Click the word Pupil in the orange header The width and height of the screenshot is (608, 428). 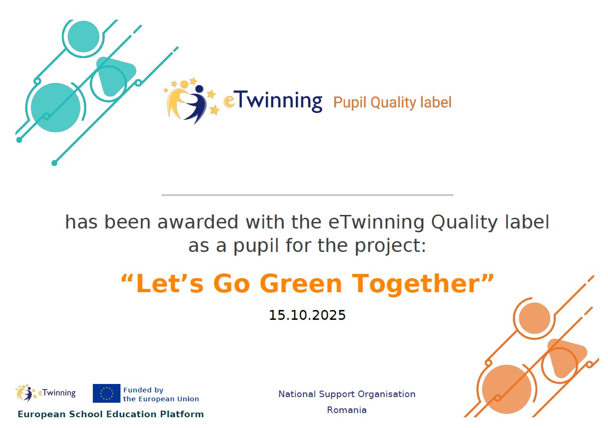tap(350, 103)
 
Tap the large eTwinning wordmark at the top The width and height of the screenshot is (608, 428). tap(273, 101)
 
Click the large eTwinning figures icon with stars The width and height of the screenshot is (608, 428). tap(192, 100)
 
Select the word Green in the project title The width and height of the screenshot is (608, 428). tap(301, 284)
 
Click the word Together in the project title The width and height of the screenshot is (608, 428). tap(417, 285)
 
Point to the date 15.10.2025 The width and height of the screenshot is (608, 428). tap(307, 315)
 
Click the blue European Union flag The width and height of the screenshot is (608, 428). tap(106, 393)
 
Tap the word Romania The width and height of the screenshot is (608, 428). tap(346, 410)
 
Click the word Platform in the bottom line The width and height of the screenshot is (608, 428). tap(182, 414)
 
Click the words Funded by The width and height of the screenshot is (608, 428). tap(143, 390)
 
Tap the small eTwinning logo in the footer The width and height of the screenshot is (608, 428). tap(45, 393)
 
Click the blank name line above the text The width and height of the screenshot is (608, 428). tap(307, 195)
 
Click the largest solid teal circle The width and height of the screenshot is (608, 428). tap(56, 107)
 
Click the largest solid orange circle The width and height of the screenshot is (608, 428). tap(506, 389)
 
